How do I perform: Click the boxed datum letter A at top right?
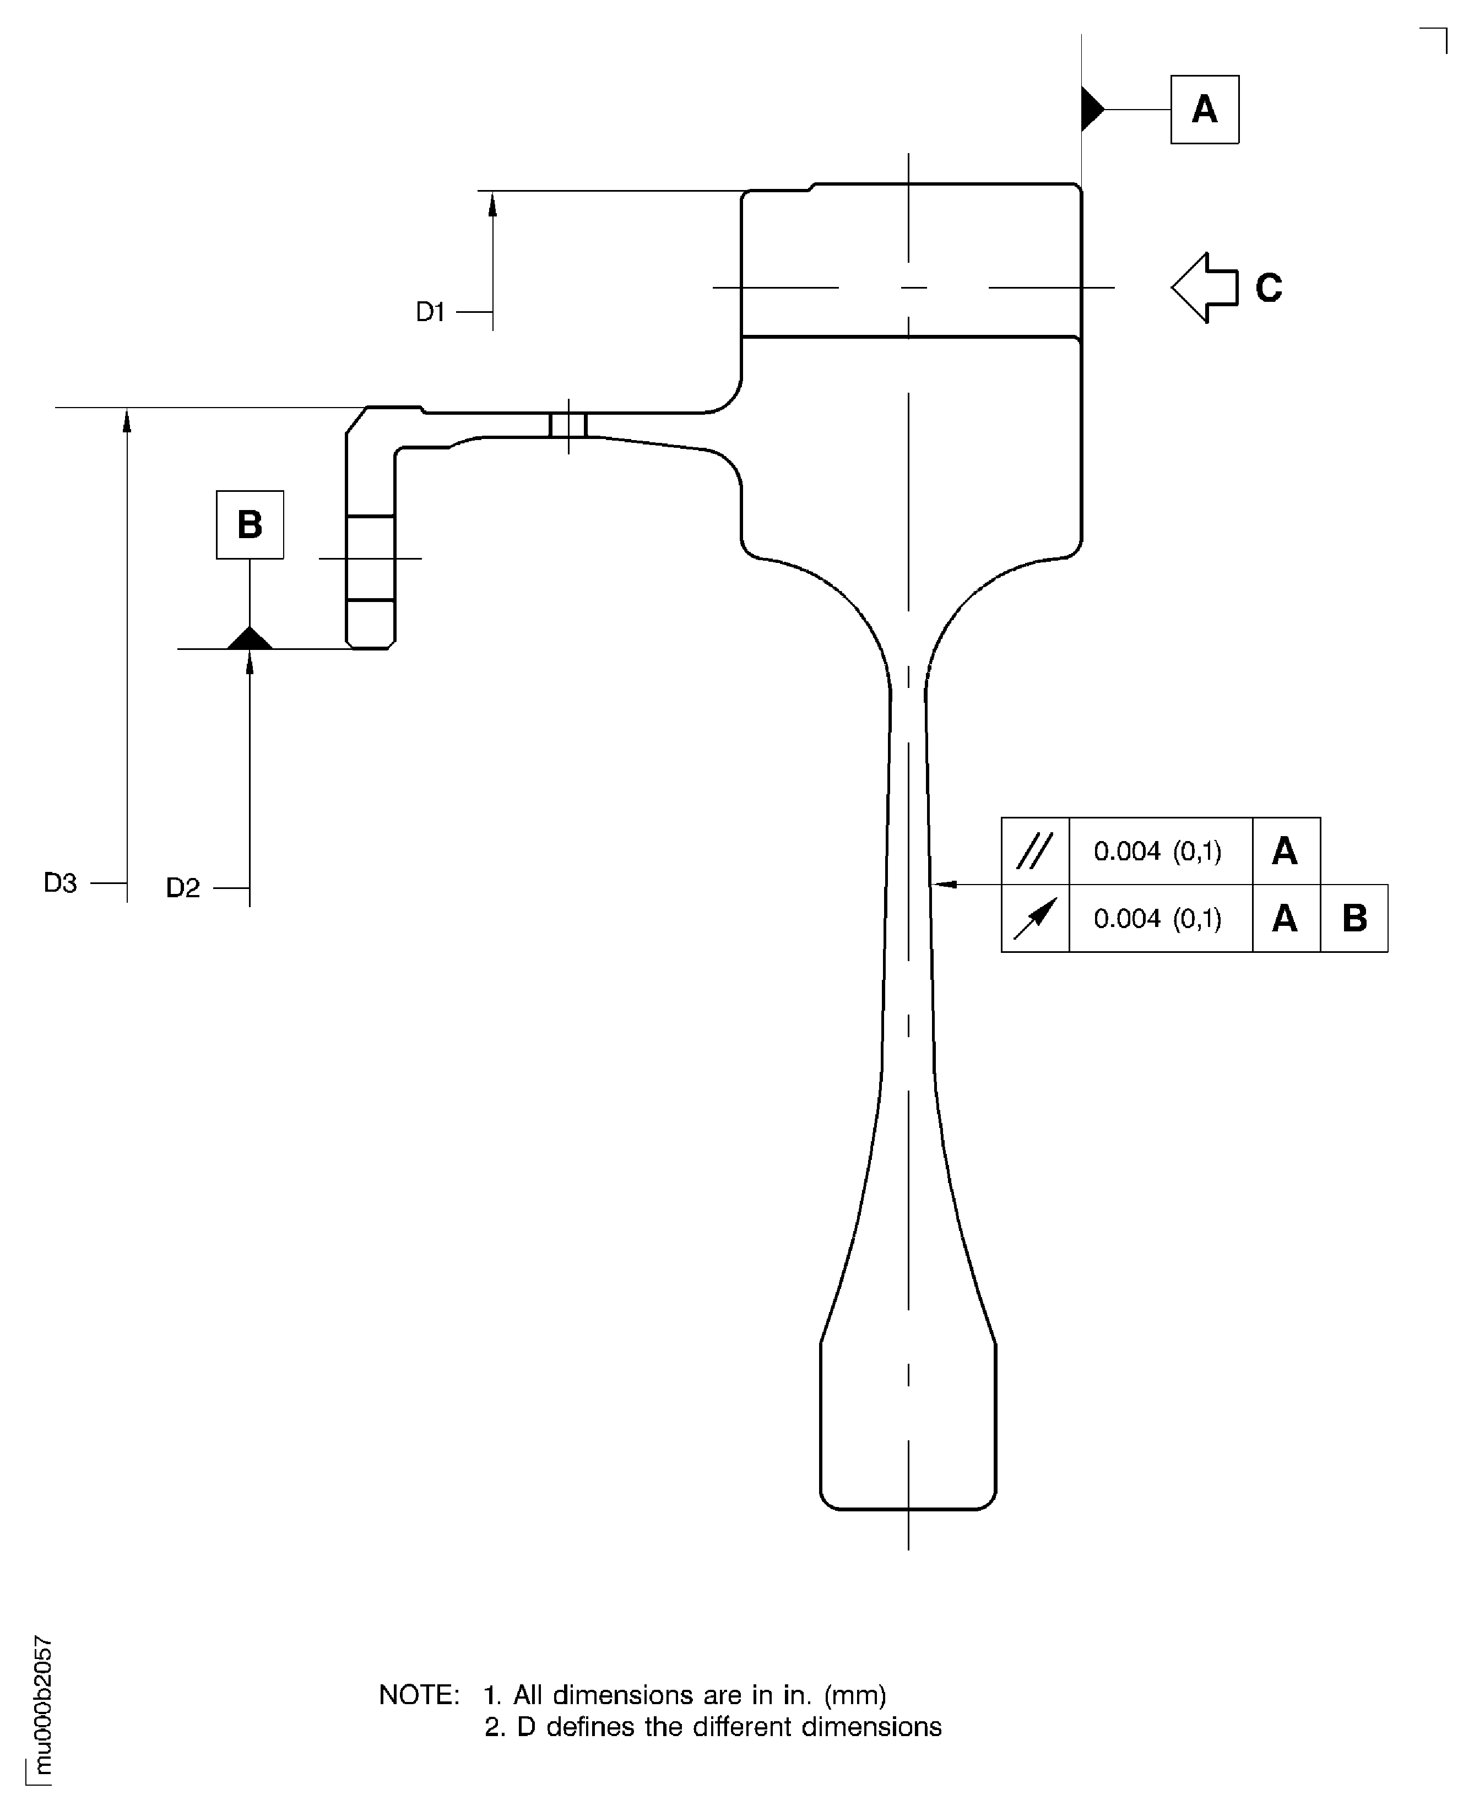click(x=1204, y=110)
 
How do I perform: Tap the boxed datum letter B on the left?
click(x=250, y=525)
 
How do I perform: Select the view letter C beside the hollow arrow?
click(x=1269, y=288)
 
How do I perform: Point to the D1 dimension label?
click(x=431, y=312)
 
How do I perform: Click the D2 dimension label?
click(x=182, y=888)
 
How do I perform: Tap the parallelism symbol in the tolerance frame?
click(x=1035, y=851)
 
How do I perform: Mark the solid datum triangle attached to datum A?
click(x=1092, y=110)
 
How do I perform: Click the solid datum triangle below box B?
click(x=250, y=638)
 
